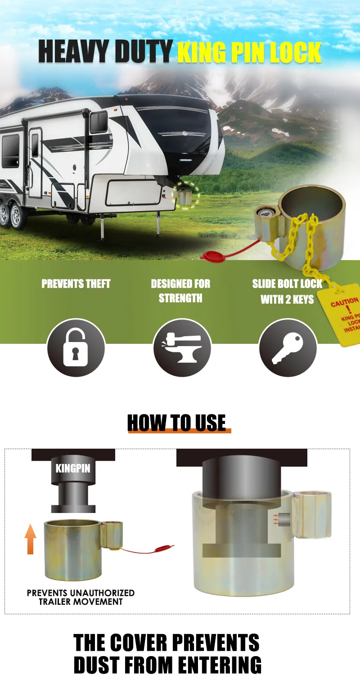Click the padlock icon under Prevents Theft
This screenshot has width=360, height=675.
pos(76,347)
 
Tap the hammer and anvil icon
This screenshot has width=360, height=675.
pos(182,348)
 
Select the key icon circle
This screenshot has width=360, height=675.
pos(288,347)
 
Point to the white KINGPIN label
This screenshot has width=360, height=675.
pos(73,468)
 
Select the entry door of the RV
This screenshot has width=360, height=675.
pos(35,163)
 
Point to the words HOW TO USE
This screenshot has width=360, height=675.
pos(176,423)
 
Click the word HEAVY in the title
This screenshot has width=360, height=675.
pos(73,52)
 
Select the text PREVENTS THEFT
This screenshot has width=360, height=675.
pos(76,284)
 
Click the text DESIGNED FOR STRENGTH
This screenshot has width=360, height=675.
pos(181,291)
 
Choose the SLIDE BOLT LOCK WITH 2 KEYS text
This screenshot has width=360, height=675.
pos(287,292)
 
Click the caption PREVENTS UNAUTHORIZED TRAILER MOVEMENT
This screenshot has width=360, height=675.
pos(81,598)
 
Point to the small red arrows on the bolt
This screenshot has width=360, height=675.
pos(275,520)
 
